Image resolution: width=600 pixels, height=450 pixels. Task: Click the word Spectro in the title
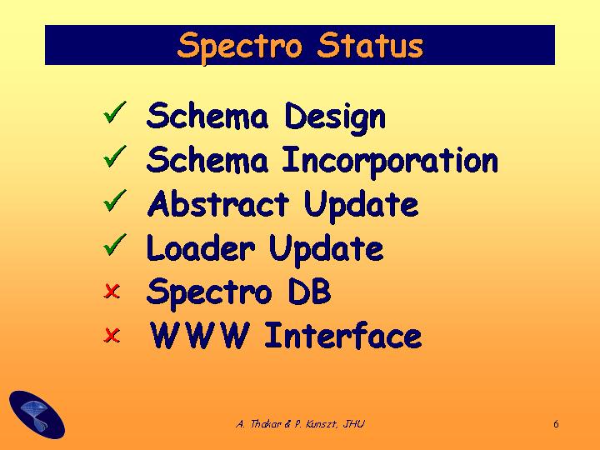point(239,47)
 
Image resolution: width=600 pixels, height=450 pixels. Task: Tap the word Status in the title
point(370,45)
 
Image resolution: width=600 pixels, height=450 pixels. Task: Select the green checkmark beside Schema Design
point(114,112)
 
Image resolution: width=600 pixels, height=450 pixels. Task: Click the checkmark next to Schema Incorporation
point(114,156)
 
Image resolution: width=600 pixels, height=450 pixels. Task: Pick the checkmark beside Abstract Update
point(114,200)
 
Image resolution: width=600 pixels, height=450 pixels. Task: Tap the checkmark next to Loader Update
point(114,244)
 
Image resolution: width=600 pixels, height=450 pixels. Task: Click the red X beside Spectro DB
point(112,291)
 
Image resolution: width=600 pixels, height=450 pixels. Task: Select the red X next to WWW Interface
point(112,335)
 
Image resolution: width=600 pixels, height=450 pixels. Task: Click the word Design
point(335,117)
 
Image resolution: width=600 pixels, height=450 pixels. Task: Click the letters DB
point(309,291)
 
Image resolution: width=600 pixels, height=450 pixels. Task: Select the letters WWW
point(199,335)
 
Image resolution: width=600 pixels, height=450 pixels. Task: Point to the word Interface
point(342,335)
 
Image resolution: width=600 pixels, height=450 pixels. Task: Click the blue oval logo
point(37,414)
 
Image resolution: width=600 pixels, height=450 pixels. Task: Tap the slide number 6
point(556,424)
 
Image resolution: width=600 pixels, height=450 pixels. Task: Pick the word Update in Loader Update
point(326,249)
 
